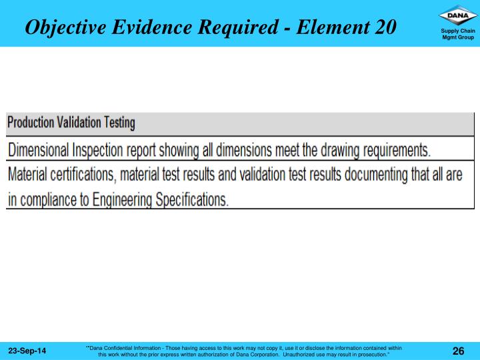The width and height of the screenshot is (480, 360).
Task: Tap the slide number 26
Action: point(458,351)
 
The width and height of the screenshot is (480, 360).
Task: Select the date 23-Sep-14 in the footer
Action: point(27,351)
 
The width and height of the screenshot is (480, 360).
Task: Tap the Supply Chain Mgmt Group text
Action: point(458,34)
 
